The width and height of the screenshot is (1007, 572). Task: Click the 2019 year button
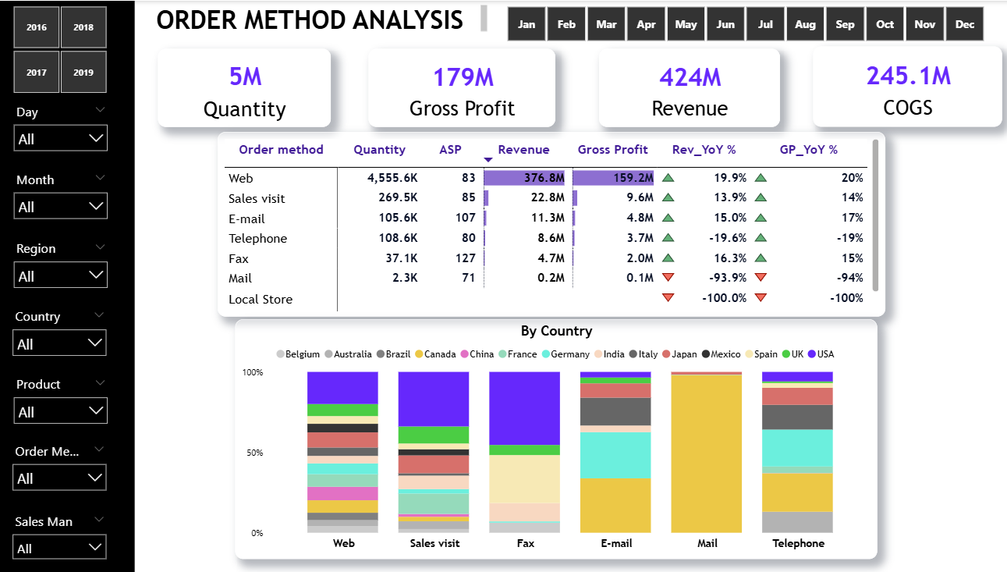[x=83, y=73]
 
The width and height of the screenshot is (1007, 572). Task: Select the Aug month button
[x=805, y=24]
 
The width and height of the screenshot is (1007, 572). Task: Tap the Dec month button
[x=965, y=24]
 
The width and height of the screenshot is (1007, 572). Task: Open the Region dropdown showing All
[x=60, y=275]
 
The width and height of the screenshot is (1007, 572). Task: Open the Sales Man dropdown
[x=59, y=548]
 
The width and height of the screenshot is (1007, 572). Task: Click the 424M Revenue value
[x=690, y=77]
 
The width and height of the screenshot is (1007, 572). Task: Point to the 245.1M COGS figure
[x=908, y=76]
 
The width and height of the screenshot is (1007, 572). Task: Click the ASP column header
[x=450, y=150]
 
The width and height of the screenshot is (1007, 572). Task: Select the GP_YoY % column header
[x=808, y=150]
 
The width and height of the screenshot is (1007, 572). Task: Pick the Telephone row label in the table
[x=257, y=239]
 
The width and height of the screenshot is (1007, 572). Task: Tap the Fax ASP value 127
[x=465, y=258]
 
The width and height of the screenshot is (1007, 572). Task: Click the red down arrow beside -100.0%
[x=668, y=297]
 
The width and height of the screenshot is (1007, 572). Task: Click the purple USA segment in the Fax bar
[x=525, y=407]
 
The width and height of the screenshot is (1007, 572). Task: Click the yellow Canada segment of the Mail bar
[x=707, y=453]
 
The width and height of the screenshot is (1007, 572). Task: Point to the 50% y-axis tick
[x=254, y=453]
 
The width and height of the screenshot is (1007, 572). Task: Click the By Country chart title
[x=556, y=331]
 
